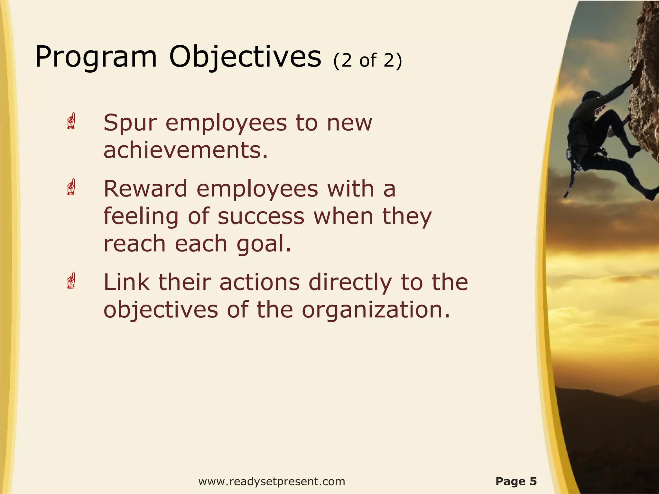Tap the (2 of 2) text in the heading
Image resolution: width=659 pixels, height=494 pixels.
point(368,60)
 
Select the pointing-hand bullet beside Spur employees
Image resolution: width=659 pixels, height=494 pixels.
point(71,121)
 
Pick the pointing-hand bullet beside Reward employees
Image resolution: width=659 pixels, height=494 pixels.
point(71,187)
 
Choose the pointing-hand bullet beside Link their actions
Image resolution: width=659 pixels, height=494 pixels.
point(71,281)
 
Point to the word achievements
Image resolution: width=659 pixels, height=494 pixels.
point(186,151)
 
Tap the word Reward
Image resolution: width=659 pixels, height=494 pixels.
point(145,189)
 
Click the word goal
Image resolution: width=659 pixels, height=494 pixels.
point(264,244)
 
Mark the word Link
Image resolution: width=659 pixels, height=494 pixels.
point(126,282)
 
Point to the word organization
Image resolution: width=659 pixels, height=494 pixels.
point(376,310)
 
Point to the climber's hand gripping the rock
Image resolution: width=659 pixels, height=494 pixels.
point(635,76)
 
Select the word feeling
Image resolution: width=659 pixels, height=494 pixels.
point(141,217)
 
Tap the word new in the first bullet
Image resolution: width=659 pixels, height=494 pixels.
point(349,123)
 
